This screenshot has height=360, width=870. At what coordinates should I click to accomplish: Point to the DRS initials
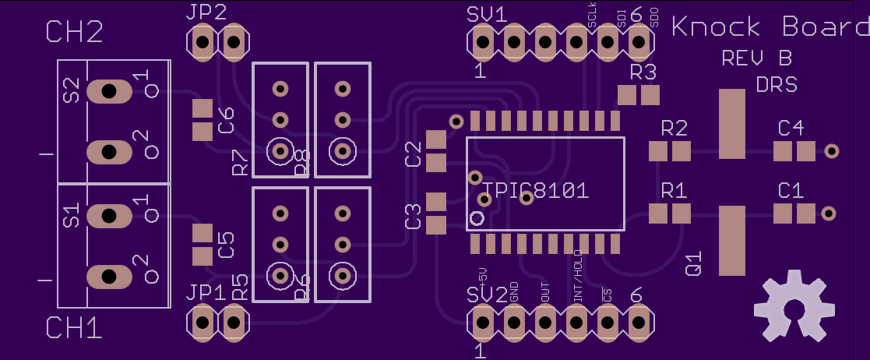[x=777, y=84]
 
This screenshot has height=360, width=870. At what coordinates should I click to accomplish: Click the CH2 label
[x=75, y=32]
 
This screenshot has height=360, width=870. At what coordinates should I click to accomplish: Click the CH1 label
[x=75, y=328]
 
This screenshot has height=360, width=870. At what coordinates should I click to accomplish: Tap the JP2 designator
[x=206, y=12]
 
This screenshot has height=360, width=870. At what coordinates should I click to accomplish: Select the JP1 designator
[x=206, y=294]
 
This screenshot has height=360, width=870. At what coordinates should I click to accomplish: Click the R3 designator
[x=643, y=73]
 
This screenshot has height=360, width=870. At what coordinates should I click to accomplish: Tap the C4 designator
[x=791, y=128]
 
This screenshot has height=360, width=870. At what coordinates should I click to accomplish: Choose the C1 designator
[x=791, y=190]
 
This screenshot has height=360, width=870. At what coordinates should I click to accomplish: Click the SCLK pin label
[x=593, y=17]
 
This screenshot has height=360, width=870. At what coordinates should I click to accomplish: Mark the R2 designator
[x=674, y=128]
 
